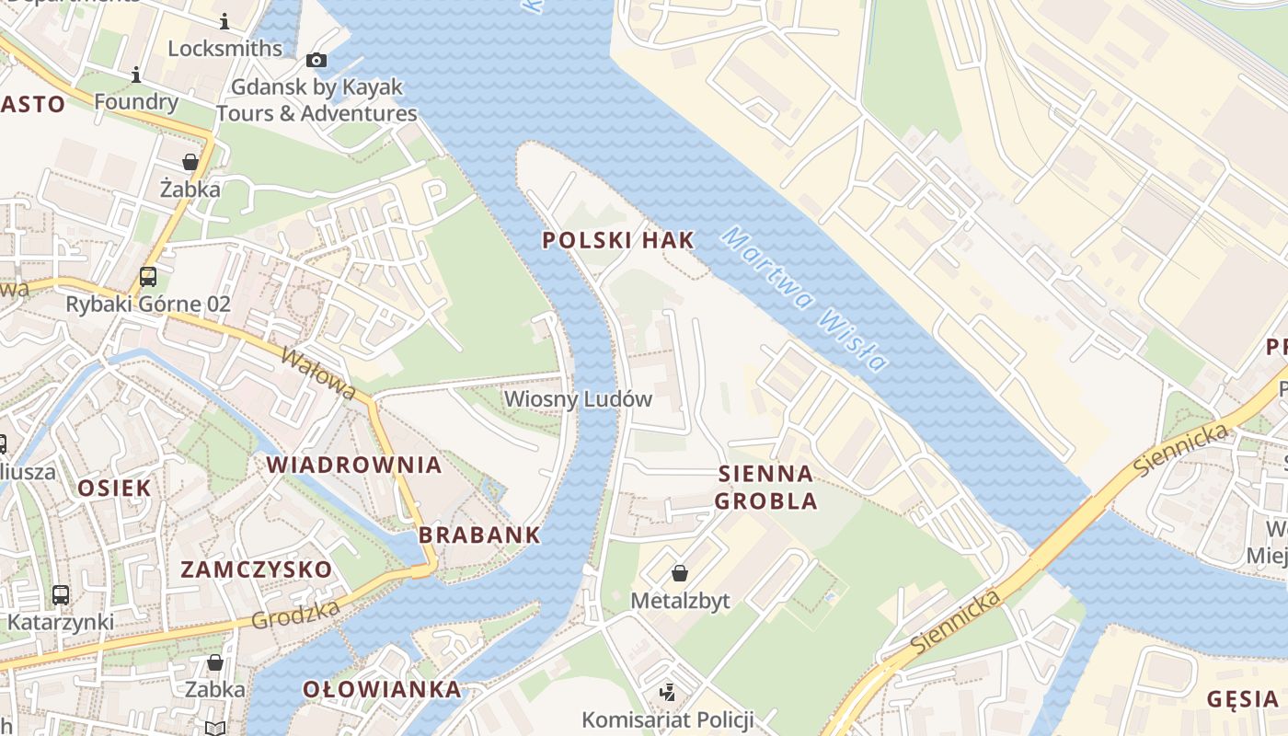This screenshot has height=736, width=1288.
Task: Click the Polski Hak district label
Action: [x=617, y=240]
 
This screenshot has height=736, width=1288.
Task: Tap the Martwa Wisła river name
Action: [x=803, y=298]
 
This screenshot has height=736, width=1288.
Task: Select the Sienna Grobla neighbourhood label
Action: [x=765, y=488]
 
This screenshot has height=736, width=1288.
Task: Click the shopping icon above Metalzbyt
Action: [x=680, y=574]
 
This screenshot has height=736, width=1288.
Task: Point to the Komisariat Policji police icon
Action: [x=668, y=692]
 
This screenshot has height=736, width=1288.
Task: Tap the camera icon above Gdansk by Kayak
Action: [x=316, y=60]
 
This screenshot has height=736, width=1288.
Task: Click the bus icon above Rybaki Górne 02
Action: [x=147, y=276]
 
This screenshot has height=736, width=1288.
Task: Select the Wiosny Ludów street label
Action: [x=578, y=399]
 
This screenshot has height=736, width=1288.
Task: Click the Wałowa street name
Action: [x=319, y=373]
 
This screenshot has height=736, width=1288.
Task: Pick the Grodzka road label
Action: [x=295, y=614]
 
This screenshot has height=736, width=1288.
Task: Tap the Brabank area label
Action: [x=479, y=535]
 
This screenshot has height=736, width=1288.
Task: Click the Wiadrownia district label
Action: [x=354, y=465]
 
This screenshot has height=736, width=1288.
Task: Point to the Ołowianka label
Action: [x=382, y=689]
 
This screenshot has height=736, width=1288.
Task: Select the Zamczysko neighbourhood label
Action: [x=256, y=569]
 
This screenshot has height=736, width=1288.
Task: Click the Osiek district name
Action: [x=114, y=488]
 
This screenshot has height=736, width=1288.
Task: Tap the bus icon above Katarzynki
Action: [x=60, y=594]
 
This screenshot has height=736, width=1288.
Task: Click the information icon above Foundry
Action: [x=136, y=75]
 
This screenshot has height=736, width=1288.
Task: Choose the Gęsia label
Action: [x=1242, y=699]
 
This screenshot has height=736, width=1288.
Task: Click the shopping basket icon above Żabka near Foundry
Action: [x=190, y=162]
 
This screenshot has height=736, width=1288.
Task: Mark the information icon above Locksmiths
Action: [x=224, y=21]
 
